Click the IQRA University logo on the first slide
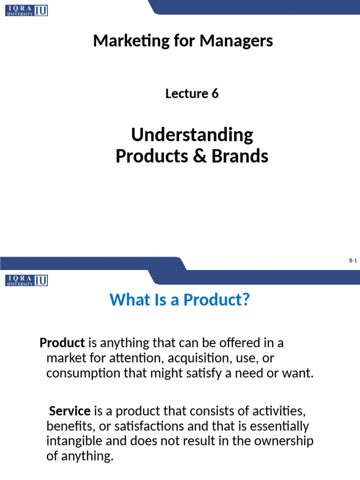pyautogui.click(x=27, y=10)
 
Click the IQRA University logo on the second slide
pyautogui.click(x=27, y=280)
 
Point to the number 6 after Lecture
pyautogui.click(x=215, y=94)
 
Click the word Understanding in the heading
pyautogui.click(x=192, y=135)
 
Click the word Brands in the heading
pyautogui.click(x=240, y=156)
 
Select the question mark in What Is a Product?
pyautogui.click(x=243, y=300)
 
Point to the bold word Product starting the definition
pyautogui.click(x=62, y=343)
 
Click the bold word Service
pyautogui.click(x=70, y=411)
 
